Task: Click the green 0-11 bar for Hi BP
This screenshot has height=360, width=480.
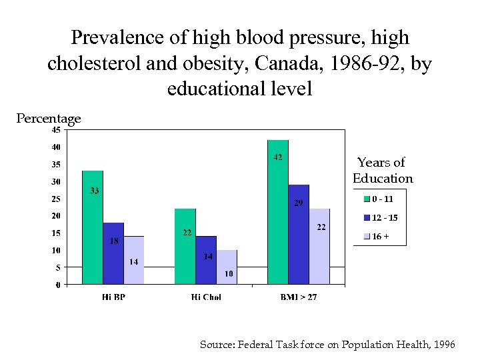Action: [93, 227]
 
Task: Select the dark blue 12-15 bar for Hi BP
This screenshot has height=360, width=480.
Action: [113, 253]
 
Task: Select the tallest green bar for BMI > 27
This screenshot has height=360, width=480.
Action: [278, 212]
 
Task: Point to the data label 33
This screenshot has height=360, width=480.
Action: [95, 191]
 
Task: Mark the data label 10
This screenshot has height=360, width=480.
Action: [229, 273]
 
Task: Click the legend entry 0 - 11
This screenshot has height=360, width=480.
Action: [378, 199]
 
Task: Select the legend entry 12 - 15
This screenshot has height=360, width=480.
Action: [380, 217]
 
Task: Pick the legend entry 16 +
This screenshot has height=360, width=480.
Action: [377, 236]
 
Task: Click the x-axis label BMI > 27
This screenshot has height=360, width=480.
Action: [298, 297]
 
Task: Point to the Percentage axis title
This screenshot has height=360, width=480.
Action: [49, 119]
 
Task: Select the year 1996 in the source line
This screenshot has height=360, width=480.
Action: [444, 345]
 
